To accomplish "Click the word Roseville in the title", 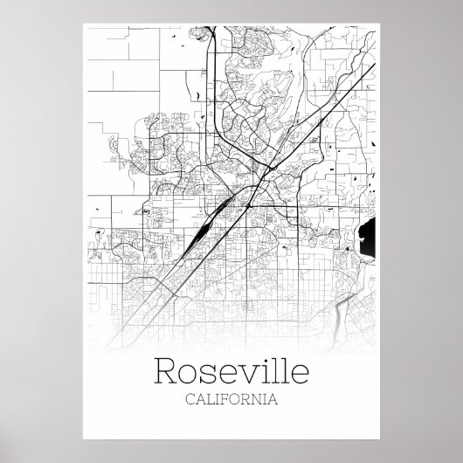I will (x=231, y=371).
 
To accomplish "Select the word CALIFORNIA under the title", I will (x=231, y=400).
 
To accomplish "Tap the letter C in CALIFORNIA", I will (x=190, y=400).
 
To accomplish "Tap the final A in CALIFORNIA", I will (x=274, y=400).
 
